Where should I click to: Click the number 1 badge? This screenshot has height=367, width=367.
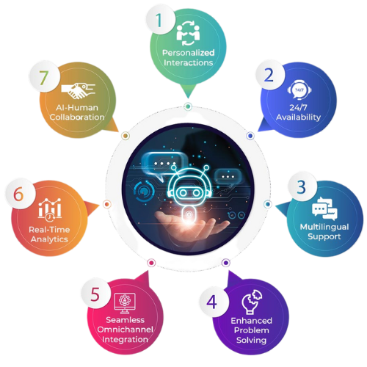160,20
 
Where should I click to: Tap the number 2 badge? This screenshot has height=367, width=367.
270,75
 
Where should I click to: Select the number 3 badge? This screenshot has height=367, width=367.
302,187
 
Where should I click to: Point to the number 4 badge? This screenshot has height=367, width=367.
212,302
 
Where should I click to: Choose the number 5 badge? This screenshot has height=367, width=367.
95,294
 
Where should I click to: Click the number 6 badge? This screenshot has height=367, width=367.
19,195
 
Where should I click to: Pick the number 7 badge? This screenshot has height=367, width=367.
43,78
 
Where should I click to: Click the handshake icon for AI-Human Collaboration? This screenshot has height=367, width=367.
78,91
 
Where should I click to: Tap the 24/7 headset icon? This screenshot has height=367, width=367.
299,90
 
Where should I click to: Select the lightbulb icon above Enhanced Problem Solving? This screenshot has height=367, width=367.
252,302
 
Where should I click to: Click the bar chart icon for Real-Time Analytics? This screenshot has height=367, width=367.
50,209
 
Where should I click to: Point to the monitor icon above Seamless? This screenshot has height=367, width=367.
125,303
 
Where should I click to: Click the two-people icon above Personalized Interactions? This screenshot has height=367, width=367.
188,34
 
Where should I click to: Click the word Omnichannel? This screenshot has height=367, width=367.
126,330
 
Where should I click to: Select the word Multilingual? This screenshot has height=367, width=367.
324,227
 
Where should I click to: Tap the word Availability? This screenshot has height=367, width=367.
299,117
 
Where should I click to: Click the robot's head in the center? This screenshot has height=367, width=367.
189,185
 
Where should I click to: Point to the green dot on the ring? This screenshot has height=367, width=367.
188,106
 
